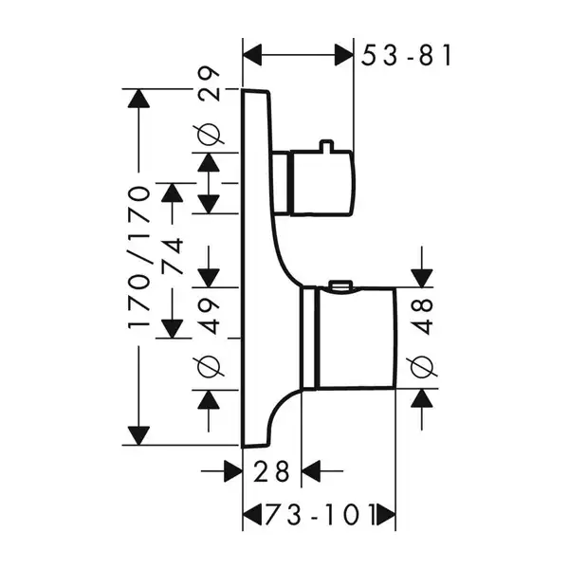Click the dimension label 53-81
[x=407, y=55]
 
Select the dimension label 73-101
[x=321, y=514]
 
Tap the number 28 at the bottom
[x=272, y=471]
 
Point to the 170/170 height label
[x=138, y=258]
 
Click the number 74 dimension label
[x=172, y=255]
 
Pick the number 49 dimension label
[x=209, y=316]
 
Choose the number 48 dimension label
[x=422, y=316]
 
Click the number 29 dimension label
[x=209, y=83]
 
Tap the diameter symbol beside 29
[x=209, y=135]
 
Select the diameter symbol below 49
[x=209, y=366]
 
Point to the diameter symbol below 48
[x=422, y=366]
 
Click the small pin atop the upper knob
[x=326, y=145]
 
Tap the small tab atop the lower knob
[x=340, y=284]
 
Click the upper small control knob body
[x=322, y=183]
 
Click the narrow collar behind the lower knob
[x=309, y=339]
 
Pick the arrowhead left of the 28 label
[x=233, y=471]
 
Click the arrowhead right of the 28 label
[x=311, y=471]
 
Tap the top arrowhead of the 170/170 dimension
[x=138, y=98]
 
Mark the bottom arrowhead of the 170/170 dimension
[x=138, y=435]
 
